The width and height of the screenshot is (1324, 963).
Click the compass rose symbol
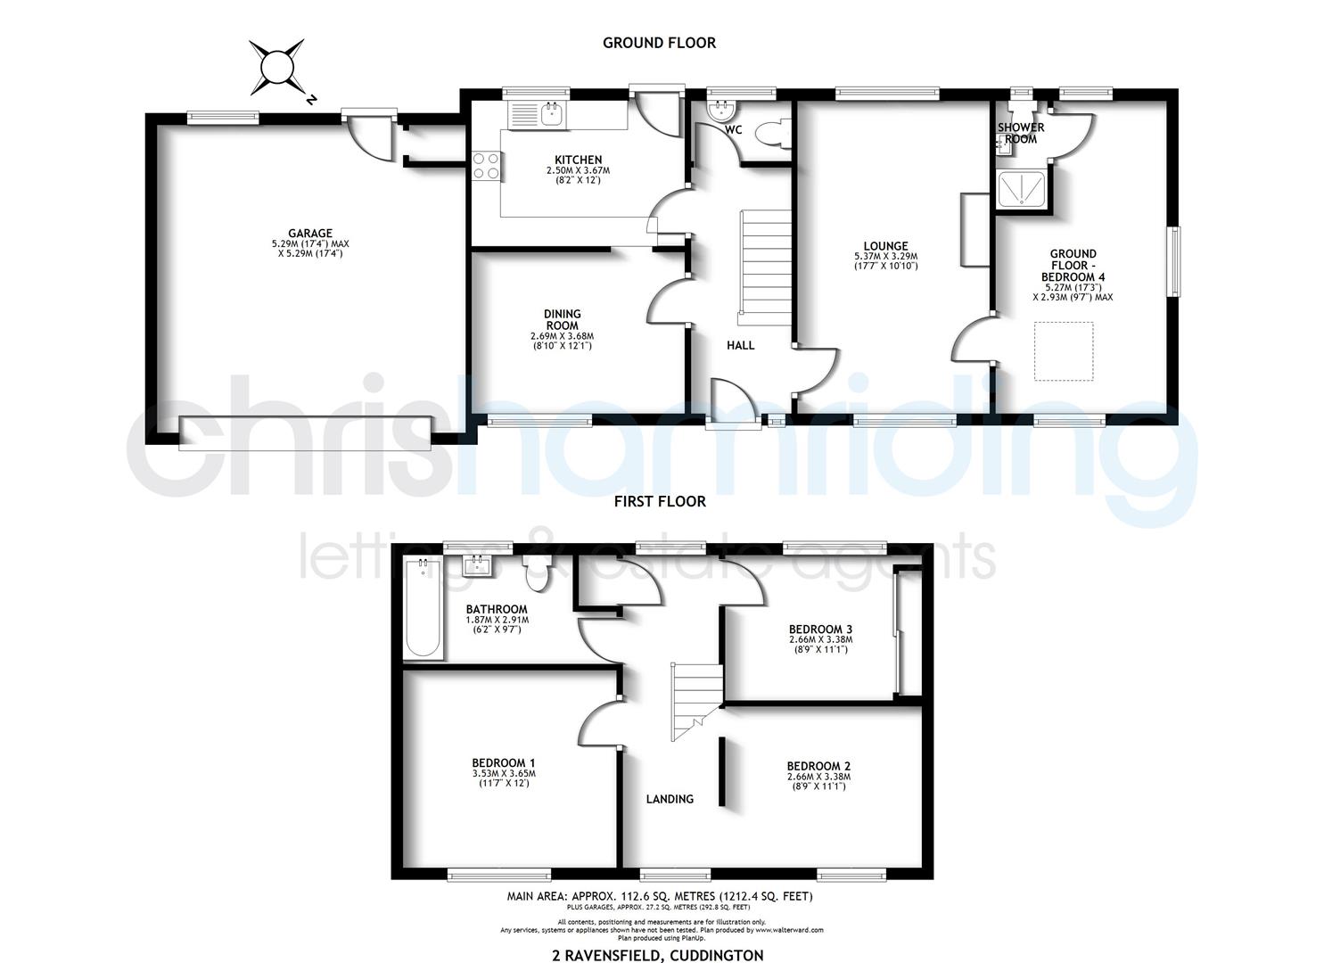point(276,67)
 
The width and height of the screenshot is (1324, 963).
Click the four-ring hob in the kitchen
point(486,165)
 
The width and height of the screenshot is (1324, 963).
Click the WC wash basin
point(720,110)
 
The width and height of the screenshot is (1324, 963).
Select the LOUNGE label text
point(885,246)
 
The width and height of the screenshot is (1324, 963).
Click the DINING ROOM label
point(562,319)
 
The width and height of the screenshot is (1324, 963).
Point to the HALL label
point(740,345)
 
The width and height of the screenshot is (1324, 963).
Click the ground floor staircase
point(764,267)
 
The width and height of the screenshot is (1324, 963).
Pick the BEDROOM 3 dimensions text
point(820,645)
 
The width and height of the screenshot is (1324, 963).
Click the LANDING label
point(670,799)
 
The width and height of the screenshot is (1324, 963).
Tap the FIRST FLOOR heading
point(660,501)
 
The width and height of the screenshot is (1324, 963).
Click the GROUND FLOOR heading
point(659,42)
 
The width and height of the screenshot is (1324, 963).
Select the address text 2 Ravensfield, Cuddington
point(658,955)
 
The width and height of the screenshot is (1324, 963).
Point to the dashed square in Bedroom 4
point(1063,352)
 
